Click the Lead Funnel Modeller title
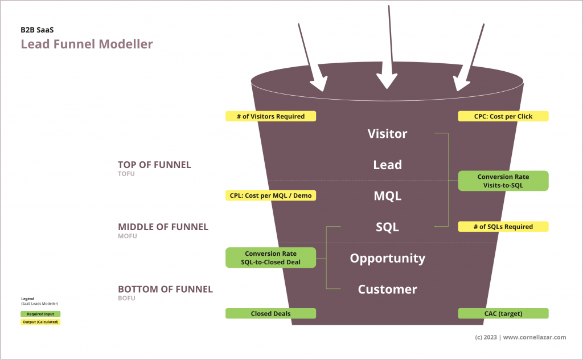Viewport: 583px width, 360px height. tap(87, 44)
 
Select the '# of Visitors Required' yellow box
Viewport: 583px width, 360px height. tap(270, 116)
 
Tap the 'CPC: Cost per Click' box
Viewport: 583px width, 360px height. tap(503, 116)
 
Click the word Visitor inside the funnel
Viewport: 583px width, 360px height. tap(387, 134)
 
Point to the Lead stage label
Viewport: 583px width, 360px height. tap(387, 165)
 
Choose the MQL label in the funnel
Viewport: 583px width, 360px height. tap(387, 196)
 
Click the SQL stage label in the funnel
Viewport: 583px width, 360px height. tap(387, 227)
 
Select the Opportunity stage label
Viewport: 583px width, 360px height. tap(387, 258)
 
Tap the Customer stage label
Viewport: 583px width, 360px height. tap(387, 289)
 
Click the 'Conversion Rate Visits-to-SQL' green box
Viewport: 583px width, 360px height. tap(503, 181)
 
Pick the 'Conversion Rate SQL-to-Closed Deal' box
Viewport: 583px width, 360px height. tap(270, 257)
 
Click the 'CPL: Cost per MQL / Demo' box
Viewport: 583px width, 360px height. tap(270, 195)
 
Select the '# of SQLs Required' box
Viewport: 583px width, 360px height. tap(503, 227)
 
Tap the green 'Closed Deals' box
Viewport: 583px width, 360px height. tap(270, 313)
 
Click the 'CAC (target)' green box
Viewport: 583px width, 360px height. tap(503, 313)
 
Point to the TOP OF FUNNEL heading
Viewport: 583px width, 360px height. tap(154, 165)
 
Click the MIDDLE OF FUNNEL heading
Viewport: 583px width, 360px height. tap(163, 227)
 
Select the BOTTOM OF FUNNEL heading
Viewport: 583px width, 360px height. tap(165, 289)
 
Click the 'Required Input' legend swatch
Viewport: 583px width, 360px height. tap(40, 314)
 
